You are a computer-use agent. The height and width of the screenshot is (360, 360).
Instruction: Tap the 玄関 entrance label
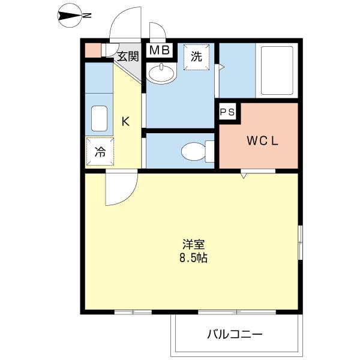click(x=127, y=57)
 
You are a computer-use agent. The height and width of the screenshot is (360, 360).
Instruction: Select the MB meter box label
click(x=160, y=50)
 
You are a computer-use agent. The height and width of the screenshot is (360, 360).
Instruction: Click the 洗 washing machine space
click(x=196, y=57)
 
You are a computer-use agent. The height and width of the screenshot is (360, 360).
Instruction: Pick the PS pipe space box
click(x=227, y=112)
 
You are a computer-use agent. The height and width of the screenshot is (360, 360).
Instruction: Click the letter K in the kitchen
click(x=125, y=122)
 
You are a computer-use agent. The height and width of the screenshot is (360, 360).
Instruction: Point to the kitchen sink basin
click(x=99, y=119)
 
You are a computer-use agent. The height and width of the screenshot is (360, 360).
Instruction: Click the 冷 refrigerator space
click(x=99, y=152)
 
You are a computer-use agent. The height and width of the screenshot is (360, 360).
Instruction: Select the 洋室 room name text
click(x=194, y=245)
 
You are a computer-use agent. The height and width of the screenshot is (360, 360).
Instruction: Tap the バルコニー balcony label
click(x=235, y=334)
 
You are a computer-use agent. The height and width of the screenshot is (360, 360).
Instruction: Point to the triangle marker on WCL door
click(x=244, y=176)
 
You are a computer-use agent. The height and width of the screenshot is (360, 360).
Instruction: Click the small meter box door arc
click(x=158, y=31)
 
